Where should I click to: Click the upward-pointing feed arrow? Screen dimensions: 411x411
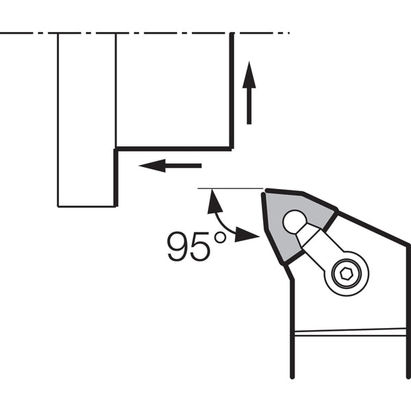[x=249, y=92]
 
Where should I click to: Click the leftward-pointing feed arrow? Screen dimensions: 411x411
[x=170, y=166]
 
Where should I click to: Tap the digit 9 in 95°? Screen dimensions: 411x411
[x=177, y=247]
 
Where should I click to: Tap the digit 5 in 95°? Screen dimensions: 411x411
[x=200, y=247]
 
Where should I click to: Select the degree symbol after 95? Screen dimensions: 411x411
[x=220, y=238]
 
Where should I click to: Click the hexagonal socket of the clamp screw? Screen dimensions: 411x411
[x=346, y=274]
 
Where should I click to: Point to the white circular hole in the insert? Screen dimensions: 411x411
[x=295, y=222]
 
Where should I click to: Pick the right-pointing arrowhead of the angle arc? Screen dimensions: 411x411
[x=247, y=234]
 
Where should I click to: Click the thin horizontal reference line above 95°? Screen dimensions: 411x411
[x=230, y=188]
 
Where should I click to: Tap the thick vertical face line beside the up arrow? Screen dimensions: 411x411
[x=232, y=91]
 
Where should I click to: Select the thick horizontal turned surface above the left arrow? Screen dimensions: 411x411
[x=173, y=149]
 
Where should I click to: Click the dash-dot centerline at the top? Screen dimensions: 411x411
[x=145, y=33]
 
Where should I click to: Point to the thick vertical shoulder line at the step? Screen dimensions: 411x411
[x=116, y=177]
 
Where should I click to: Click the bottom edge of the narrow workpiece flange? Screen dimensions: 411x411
[x=86, y=207]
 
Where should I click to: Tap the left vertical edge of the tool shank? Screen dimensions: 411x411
[x=292, y=329]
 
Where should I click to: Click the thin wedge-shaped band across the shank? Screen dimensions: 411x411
[x=350, y=332]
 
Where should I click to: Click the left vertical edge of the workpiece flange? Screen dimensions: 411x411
[x=58, y=120]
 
